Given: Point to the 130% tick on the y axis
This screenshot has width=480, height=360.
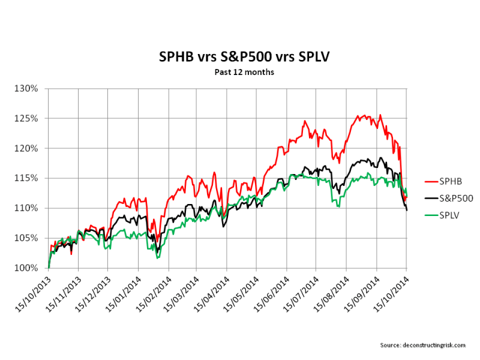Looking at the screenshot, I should [28, 88].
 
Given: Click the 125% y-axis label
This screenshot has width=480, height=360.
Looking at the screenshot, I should [28, 118].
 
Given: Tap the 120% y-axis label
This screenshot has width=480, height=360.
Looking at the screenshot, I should [28, 148].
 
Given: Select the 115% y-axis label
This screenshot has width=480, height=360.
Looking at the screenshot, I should [28, 178].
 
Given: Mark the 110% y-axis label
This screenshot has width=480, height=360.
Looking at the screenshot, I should [28, 208].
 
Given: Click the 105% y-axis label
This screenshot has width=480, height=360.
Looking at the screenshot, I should [28, 238].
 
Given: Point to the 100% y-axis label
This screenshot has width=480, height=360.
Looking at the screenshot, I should [28, 268].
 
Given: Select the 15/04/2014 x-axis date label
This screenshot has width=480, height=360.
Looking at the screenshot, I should [211, 293].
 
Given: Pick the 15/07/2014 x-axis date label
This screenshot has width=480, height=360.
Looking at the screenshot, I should [301, 293].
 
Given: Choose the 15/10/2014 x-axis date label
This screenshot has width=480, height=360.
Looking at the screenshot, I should [391, 293].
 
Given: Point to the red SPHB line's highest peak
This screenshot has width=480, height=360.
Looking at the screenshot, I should [380, 115].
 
